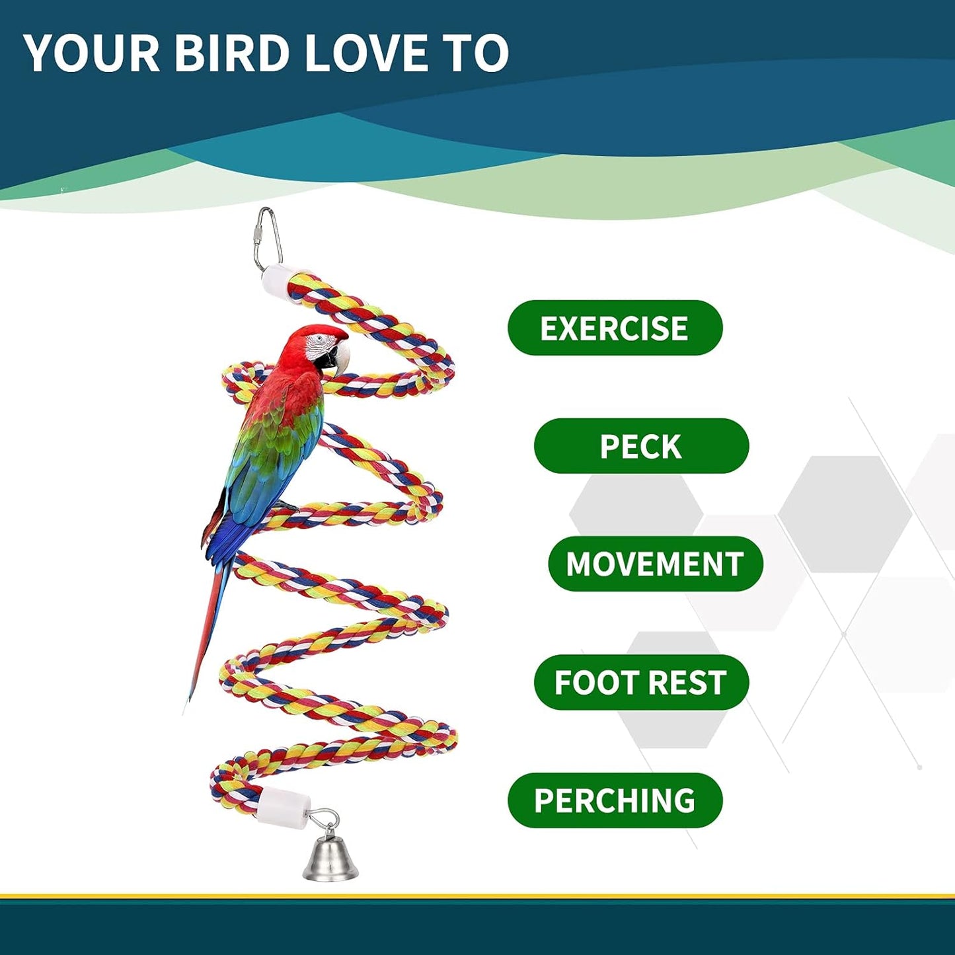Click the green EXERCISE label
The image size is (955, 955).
coord(615,328)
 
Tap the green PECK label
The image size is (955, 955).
coord(641,446)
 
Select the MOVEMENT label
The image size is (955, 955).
coord(655,564)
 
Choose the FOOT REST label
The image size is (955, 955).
coord(640,682)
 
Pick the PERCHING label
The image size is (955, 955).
coord(615,800)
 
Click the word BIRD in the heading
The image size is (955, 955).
coord(231,53)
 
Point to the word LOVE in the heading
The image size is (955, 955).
coord(367,53)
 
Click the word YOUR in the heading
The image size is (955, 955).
coord(92,53)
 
